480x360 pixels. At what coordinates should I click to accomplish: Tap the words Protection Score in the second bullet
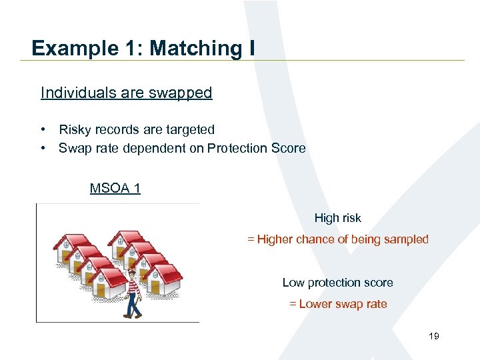click(256, 148)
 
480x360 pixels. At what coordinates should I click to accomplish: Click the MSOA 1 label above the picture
click(115, 188)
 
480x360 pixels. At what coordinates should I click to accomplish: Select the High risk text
click(337, 218)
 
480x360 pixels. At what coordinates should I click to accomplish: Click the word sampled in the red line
click(406, 239)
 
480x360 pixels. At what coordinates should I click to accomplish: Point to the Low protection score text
click(337, 283)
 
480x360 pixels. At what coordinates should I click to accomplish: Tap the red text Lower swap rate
click(343, 304)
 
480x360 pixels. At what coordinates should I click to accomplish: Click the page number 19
click(433, 337)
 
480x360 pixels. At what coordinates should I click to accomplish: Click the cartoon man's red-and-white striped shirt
click(133, 285)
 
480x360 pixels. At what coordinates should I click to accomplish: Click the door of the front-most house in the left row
click(101, 289)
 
